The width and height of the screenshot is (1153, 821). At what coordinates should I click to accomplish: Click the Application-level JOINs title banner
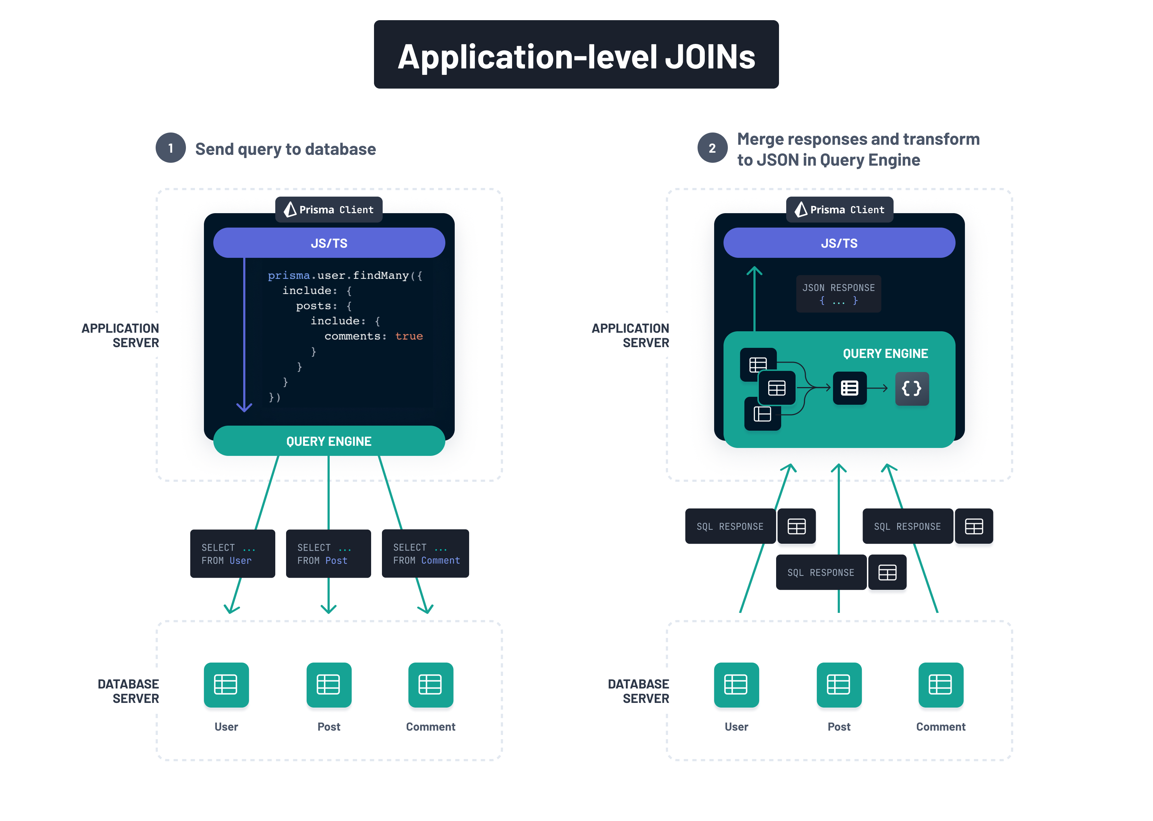point(576,55)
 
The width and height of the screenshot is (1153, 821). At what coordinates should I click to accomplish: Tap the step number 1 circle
point(170,148)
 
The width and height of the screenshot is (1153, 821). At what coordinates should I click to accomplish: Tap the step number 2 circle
point(712,148)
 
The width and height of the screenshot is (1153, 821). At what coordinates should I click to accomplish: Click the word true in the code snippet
point(409,336)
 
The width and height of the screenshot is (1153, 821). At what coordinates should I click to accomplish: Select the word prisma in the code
point(288,275)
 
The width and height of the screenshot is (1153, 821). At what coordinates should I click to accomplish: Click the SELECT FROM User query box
point(232,553)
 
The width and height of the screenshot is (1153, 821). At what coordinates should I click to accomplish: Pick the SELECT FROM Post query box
point(328,553)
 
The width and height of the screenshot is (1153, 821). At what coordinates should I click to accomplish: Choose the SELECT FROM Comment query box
point(425,553)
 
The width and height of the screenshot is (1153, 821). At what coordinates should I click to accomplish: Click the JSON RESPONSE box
point(838,294)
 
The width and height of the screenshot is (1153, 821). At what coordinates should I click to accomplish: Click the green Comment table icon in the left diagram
point(430,685)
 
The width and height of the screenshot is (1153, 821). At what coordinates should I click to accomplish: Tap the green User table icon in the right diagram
point(736,685)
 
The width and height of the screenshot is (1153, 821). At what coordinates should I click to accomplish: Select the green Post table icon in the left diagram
point(329,685)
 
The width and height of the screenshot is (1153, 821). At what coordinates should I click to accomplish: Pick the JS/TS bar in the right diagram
point(839,243)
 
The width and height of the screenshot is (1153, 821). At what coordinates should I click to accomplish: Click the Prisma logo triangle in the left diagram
point(290,209)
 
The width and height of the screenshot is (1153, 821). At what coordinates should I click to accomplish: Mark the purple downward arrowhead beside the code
point(244,407)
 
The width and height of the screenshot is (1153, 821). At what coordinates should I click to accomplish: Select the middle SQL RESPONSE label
point(821,572)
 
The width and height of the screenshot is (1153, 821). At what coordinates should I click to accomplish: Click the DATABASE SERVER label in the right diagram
point(638,691)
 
